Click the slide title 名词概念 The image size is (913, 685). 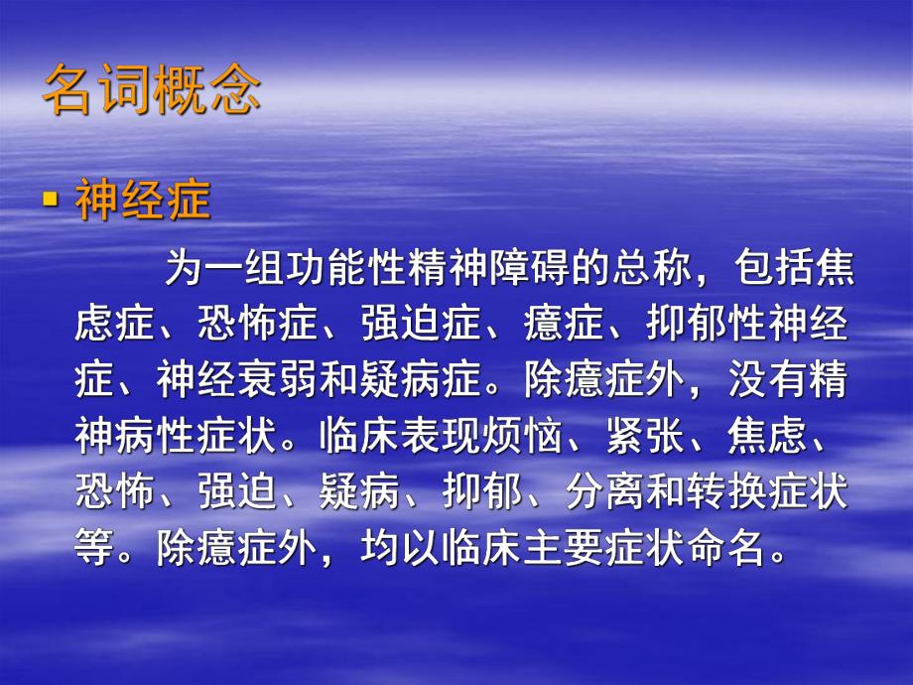(x=152, y=92)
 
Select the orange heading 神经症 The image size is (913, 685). (x=143, y=202)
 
